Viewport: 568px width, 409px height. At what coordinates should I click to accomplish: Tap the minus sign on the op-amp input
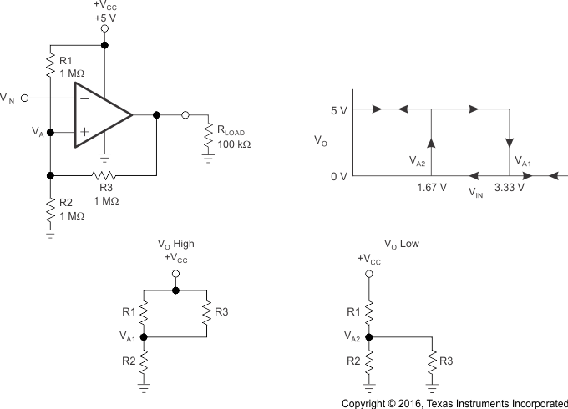pyautogui.click(x=84, y=98)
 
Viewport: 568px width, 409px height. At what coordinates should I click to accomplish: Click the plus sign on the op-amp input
pyautogui.click(x=84, y=132)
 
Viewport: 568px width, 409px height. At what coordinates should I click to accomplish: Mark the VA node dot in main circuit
pyautogui.click(x=50, y=132)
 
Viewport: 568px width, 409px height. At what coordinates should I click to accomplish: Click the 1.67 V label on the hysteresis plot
pyautogui.click(x=431, y=187)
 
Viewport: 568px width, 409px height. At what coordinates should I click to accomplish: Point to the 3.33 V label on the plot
pyautogui.click(x=509, y=187)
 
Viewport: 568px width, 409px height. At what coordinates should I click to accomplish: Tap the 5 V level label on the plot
pyautogui.click(x=338, y=109)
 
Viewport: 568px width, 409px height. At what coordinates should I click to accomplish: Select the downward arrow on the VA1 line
pyautogui.click(x=509, y=141)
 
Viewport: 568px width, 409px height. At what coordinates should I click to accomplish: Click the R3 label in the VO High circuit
pyautogui.click(x=222, y=311)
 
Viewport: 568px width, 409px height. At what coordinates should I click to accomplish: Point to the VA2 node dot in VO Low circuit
pyautogui.click(x=368, y=337)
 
